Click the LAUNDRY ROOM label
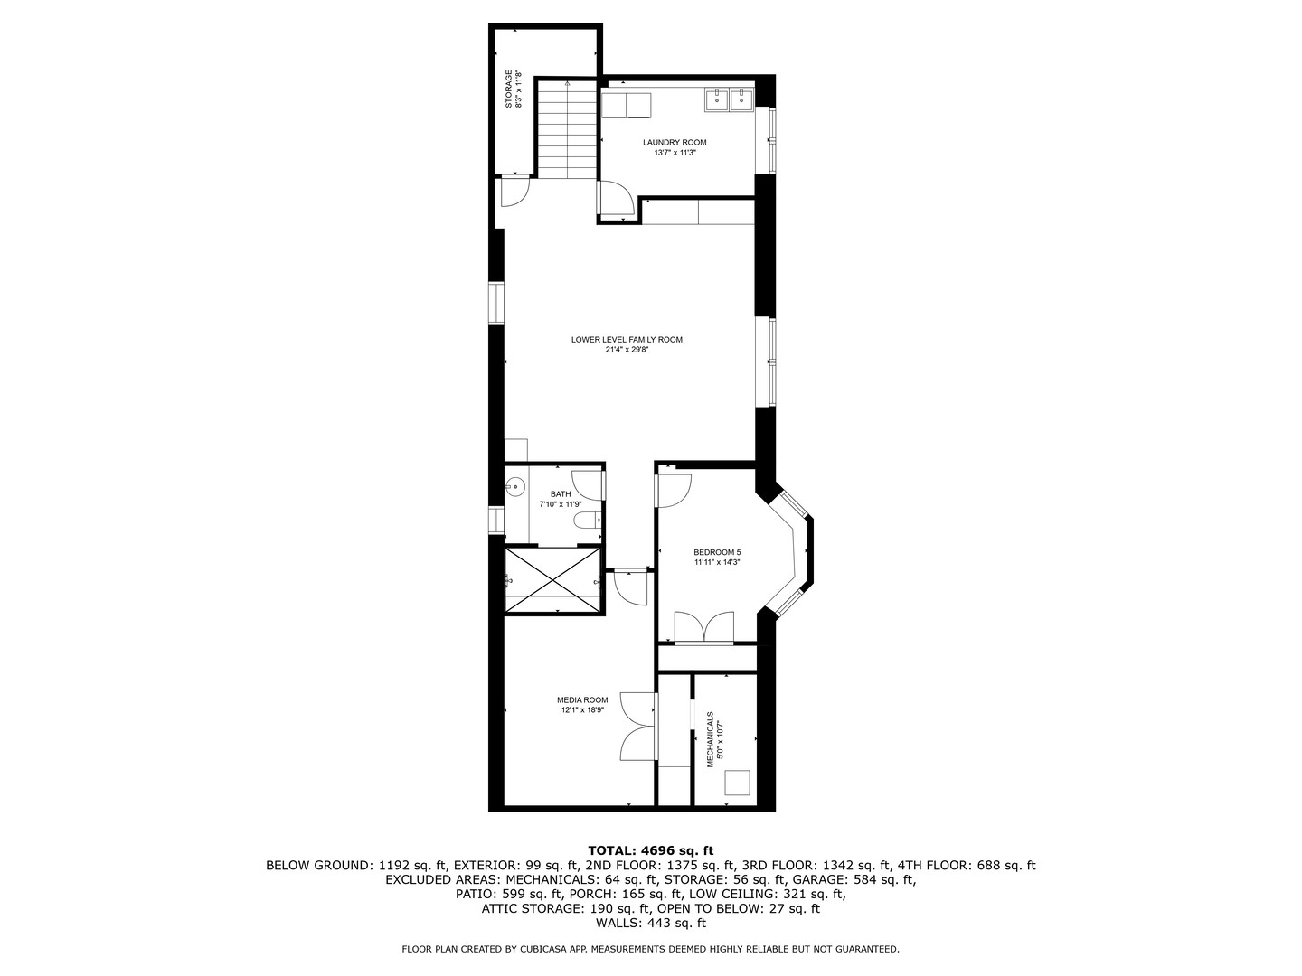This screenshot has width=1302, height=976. click(x=675, y=143)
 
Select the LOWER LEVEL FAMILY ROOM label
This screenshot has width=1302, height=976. click(x=627, y=340)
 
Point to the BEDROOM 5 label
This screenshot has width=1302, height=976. click(x=717, y=552)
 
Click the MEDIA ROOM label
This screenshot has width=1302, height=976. click(x=582, y=699)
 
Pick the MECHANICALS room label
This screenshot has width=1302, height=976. click(x=711, y=738)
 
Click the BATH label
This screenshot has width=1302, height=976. click(x=561, y=494)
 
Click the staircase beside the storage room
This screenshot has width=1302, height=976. click(x=567, y=129)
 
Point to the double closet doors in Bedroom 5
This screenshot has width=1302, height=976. click(x=706, y=627)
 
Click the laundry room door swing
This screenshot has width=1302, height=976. click(x=617, y=199)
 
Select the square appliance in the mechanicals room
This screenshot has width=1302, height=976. click(x=739, y=783)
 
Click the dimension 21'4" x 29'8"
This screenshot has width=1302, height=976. click(x=627, y=350)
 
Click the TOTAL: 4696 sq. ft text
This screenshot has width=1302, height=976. click(x=650, y=850)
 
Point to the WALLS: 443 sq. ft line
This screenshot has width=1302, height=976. click(x=650, y=923)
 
